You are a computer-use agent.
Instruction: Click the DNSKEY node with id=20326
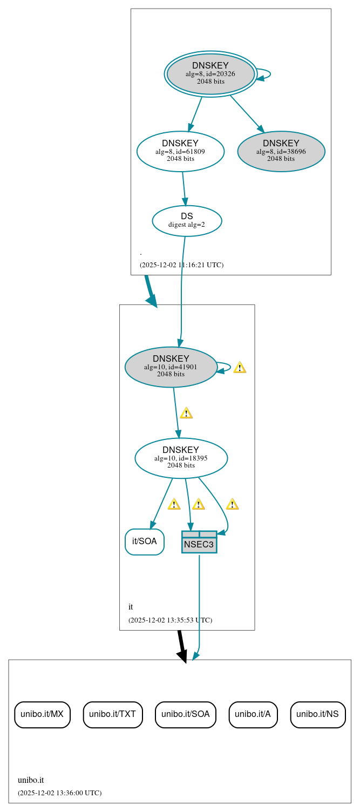[x=210, y=74]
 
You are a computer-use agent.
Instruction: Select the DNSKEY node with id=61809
[x=180, y=152]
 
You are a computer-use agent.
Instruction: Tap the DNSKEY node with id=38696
[x=281, y=152]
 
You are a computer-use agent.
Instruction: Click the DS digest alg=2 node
[x=187, y=221]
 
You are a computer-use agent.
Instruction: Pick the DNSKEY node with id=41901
[x=171, y=367]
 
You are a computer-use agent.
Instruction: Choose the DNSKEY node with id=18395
[x=181, y=458]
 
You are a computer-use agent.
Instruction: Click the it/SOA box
[x=145, y=542]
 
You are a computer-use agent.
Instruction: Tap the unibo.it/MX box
[x=42, y=714]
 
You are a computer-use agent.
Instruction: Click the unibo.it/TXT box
[x=113, y=714]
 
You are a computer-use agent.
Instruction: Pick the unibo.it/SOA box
[x=186, y=714]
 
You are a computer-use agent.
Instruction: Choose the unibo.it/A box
[x=253, y=714]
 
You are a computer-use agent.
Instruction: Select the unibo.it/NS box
[x=317, y=714]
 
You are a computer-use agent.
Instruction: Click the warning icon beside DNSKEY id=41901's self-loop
[x=240, y=368]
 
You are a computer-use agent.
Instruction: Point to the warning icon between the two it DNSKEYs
[x=186, y=413]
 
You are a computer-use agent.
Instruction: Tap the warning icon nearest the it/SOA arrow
[x=174, y=504]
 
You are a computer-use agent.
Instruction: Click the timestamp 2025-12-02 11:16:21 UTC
[x=181, y=265]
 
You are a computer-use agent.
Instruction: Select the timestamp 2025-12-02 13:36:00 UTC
[x=59, y=793]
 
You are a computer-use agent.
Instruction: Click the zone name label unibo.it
[x=31, y=780]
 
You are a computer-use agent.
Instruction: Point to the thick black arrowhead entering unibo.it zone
[x=182, y=655]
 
